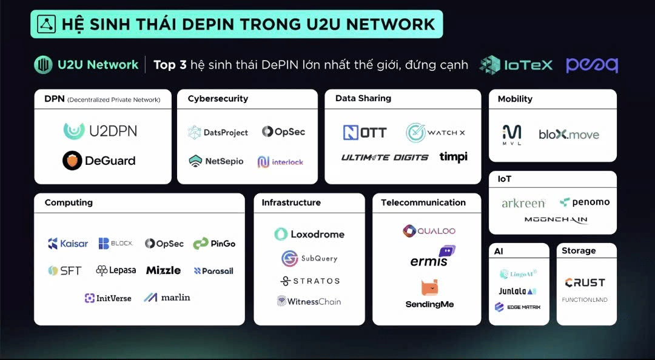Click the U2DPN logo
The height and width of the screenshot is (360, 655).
pos(100,131)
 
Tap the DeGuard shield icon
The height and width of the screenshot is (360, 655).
pos(72,161)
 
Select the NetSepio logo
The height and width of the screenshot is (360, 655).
pos(216,161)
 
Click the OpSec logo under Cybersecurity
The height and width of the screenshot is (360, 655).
pos(283,132)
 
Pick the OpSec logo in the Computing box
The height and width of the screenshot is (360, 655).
pos(164,244)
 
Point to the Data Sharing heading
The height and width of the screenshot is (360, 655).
pos(363,99)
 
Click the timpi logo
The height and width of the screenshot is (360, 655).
pos(453,157)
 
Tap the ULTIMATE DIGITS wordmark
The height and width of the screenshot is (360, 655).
pos(385,158)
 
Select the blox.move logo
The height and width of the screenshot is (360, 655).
pos(568,134)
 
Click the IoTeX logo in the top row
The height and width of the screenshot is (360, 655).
pos(516,65)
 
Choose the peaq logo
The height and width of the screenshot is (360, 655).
pos(592,65)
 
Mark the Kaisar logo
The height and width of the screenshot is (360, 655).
pos(68,244)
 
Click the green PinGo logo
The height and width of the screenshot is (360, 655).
pos(214,244)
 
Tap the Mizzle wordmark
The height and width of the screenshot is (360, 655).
pos(163,270)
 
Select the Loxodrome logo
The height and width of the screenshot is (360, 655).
pos(309,235)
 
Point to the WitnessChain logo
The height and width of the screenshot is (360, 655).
pos(309,301)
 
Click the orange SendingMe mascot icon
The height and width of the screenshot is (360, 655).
pos(429,288)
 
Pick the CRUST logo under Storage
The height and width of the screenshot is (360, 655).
pos(585,283)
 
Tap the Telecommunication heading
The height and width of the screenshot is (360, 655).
pos(423,202)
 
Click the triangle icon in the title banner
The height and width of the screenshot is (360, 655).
pos(46,24)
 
